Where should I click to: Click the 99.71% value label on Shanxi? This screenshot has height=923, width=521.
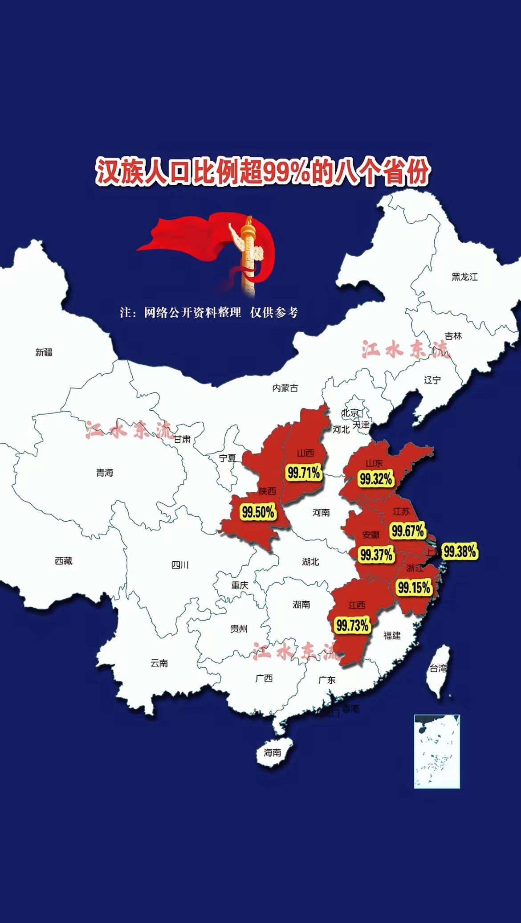[304, 472]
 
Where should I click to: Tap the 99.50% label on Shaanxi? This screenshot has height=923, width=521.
[258, 512]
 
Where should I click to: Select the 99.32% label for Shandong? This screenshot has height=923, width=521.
[376, 479]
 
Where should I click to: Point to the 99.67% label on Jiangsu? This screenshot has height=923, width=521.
[407, 531]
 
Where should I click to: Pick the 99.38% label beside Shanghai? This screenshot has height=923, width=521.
[460, 551]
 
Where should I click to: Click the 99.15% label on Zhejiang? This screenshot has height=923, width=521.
[414, 587]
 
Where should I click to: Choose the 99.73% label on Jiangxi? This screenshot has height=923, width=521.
[352, 625]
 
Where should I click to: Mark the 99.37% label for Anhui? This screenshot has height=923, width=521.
[376, 555]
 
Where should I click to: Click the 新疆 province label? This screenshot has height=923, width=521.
[44, 352]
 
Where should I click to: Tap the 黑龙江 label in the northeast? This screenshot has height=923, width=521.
[464, 277]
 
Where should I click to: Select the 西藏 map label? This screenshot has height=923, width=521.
[64, 561]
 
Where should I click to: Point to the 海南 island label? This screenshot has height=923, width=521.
[272, 752]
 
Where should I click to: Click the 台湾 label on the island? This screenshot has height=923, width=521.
[438, 668]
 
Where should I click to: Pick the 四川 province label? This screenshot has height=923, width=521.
[180, 565]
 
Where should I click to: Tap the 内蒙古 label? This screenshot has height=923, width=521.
[285, 388]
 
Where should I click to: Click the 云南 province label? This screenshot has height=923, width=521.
[159, 663]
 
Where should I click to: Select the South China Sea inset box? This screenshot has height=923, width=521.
[436, 751]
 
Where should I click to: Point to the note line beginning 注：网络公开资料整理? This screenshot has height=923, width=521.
[208, 312]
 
